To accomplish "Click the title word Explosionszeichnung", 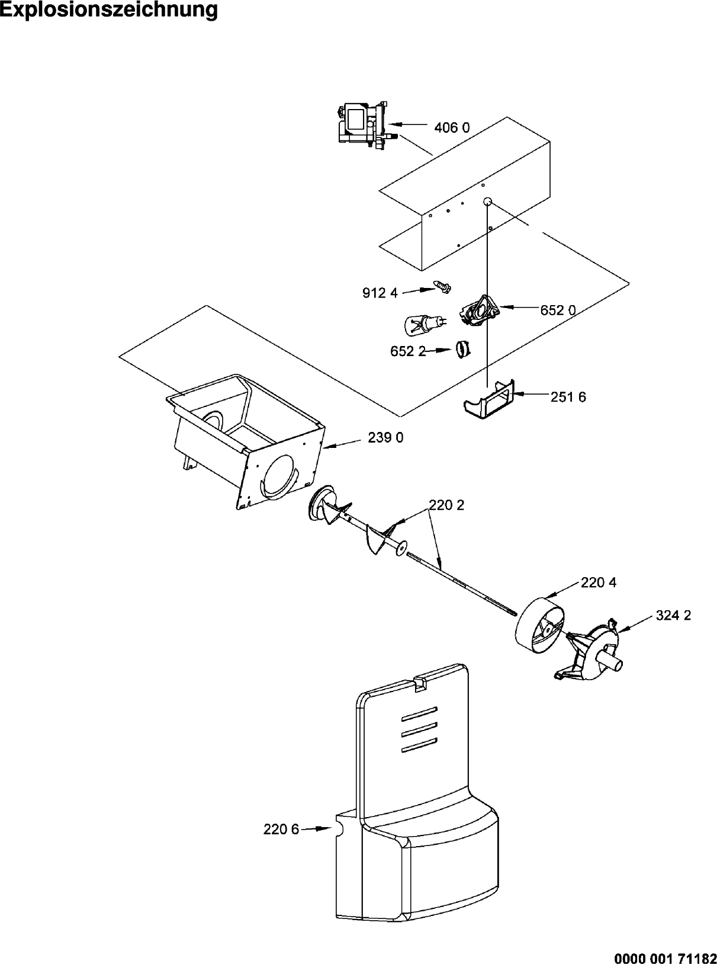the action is tap(108, 11).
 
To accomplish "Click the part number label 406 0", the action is tap(452, 128).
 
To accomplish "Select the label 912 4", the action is tap(380, 293).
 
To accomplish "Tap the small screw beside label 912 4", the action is tap(442, 287).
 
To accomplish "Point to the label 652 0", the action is tap(558, 310).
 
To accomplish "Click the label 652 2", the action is tap(408, 351).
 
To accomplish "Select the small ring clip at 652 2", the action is tap(464, 348).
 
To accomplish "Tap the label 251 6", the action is tap(568, 397).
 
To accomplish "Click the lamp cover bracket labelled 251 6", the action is tap(489, 401).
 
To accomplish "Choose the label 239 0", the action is tap(385, 437).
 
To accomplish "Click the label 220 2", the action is tap(446, 505).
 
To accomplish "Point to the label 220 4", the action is tap(599, 582).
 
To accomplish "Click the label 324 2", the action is tap(673, 616).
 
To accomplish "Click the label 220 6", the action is tap(281, 830).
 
